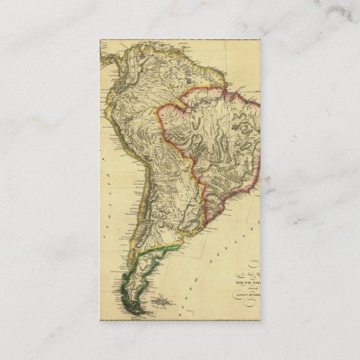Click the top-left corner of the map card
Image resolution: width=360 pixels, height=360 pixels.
[x=101, y=39]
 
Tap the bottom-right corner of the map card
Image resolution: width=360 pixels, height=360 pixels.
[x=261, y=321]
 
